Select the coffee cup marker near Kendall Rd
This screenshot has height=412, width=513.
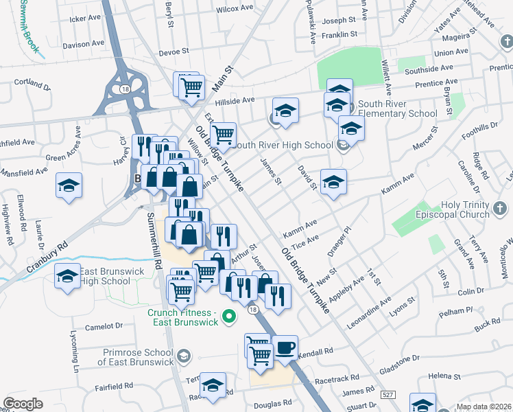pyautogui.click(x=285, y=347)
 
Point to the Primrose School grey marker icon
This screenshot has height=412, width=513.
pyautogui.click(x=183, y=356)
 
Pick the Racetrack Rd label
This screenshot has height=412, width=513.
pyautogui.click(x=337, y=378)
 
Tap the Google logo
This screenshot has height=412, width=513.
pyautogui.click(x=23, y=404)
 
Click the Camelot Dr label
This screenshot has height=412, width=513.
pyautogui.click(x=105, y=326)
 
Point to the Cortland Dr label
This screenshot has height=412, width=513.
pyautogui.click(x=34, y=82)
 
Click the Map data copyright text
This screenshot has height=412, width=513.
pyautogui.click(x=484, y=407)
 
